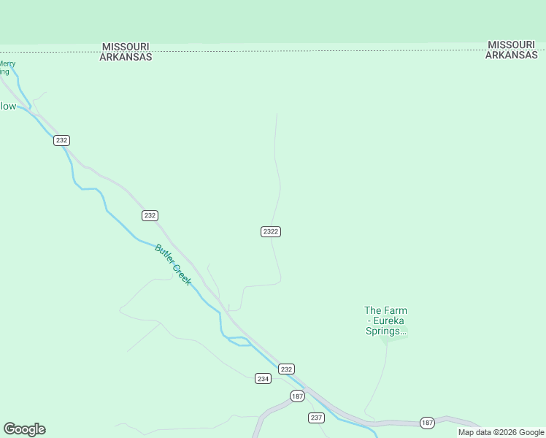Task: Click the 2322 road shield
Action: pyautogui.click(x=271, y=231)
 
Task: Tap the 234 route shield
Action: pyautogui.click(x=264, y=378)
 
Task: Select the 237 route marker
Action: pyautogui.click(x=316, y=418)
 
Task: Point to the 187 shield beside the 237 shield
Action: pyautogui.click(x=297, y=396)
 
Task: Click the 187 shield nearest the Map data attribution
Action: pyautogui.click(x=428, y=423)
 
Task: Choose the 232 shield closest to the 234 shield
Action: pyautogui.click(x=286, y=369)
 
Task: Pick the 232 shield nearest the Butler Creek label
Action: pyautogui.click(x=150, y=215)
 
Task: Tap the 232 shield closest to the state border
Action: pyautogui.click(x=62, y=140)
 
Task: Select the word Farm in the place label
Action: pyautogui.click(x=396, y=310)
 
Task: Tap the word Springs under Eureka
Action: pyautogui.click(x=385, y=331)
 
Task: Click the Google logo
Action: pyautogui.click(x=24, y=429)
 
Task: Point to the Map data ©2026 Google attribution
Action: pyautogui.click(x=501, y=432)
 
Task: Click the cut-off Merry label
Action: pyautogui.click(x=7, y=64)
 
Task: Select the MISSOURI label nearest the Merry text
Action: pyautogui.click(x=126, y=46)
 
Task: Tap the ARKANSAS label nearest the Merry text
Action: pyautogui.click(x=126, y=56)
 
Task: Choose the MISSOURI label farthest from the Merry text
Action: pyautogui.click(x=512, y=45)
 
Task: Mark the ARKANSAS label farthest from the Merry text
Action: pyautogui.click(x=512, y=55)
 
